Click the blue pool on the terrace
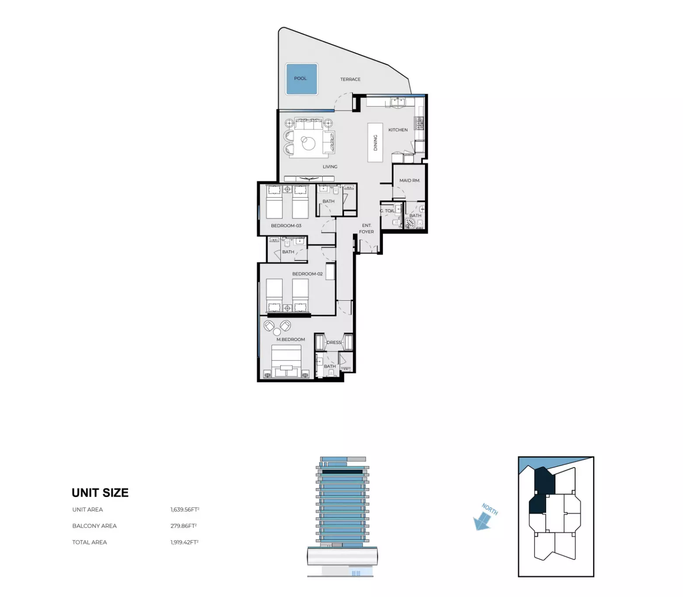click(301, 79)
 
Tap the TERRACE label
click(350, 80)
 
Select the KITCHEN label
click(398, 130)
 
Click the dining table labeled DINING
click(375, 142)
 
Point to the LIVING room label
click(330, 167)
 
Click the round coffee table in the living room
click(309, 142)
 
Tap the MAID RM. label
click(409, 180)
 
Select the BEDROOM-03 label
click(286, 226)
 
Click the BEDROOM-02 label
click(307, 274)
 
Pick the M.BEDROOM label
click(291, 340)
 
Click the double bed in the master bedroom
click(286, 361)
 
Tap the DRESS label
click(334, 343)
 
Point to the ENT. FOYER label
click(366, 229)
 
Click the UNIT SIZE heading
click(100, 493)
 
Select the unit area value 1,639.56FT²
click(185, 510)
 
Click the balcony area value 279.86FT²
click(183, 526)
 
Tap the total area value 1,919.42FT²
click(184, 542)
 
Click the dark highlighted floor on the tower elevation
click(342, 472)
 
